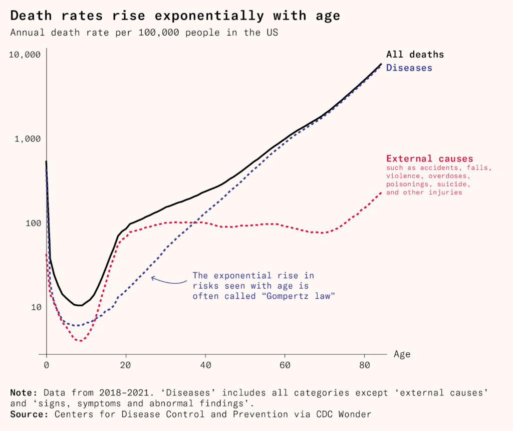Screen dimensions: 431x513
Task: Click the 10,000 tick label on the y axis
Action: pos(25,55)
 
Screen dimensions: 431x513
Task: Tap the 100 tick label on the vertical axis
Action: pos(32,223)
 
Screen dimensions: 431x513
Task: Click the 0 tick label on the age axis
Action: pos(47,366)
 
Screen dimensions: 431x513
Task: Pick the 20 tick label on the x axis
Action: pos(126,366)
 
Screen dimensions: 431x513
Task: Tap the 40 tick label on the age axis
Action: pos(205,366)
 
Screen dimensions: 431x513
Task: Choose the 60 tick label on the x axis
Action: pos(285,366)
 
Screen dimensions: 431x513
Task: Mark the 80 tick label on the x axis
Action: pos(365,366)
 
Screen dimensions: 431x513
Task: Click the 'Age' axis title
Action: pos(402,354)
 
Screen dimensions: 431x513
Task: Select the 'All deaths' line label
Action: pos(415,55)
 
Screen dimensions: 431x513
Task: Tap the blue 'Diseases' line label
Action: pos(409,68)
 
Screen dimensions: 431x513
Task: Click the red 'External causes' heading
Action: pos(429,159)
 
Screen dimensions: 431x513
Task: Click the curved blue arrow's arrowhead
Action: pos(152,278)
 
